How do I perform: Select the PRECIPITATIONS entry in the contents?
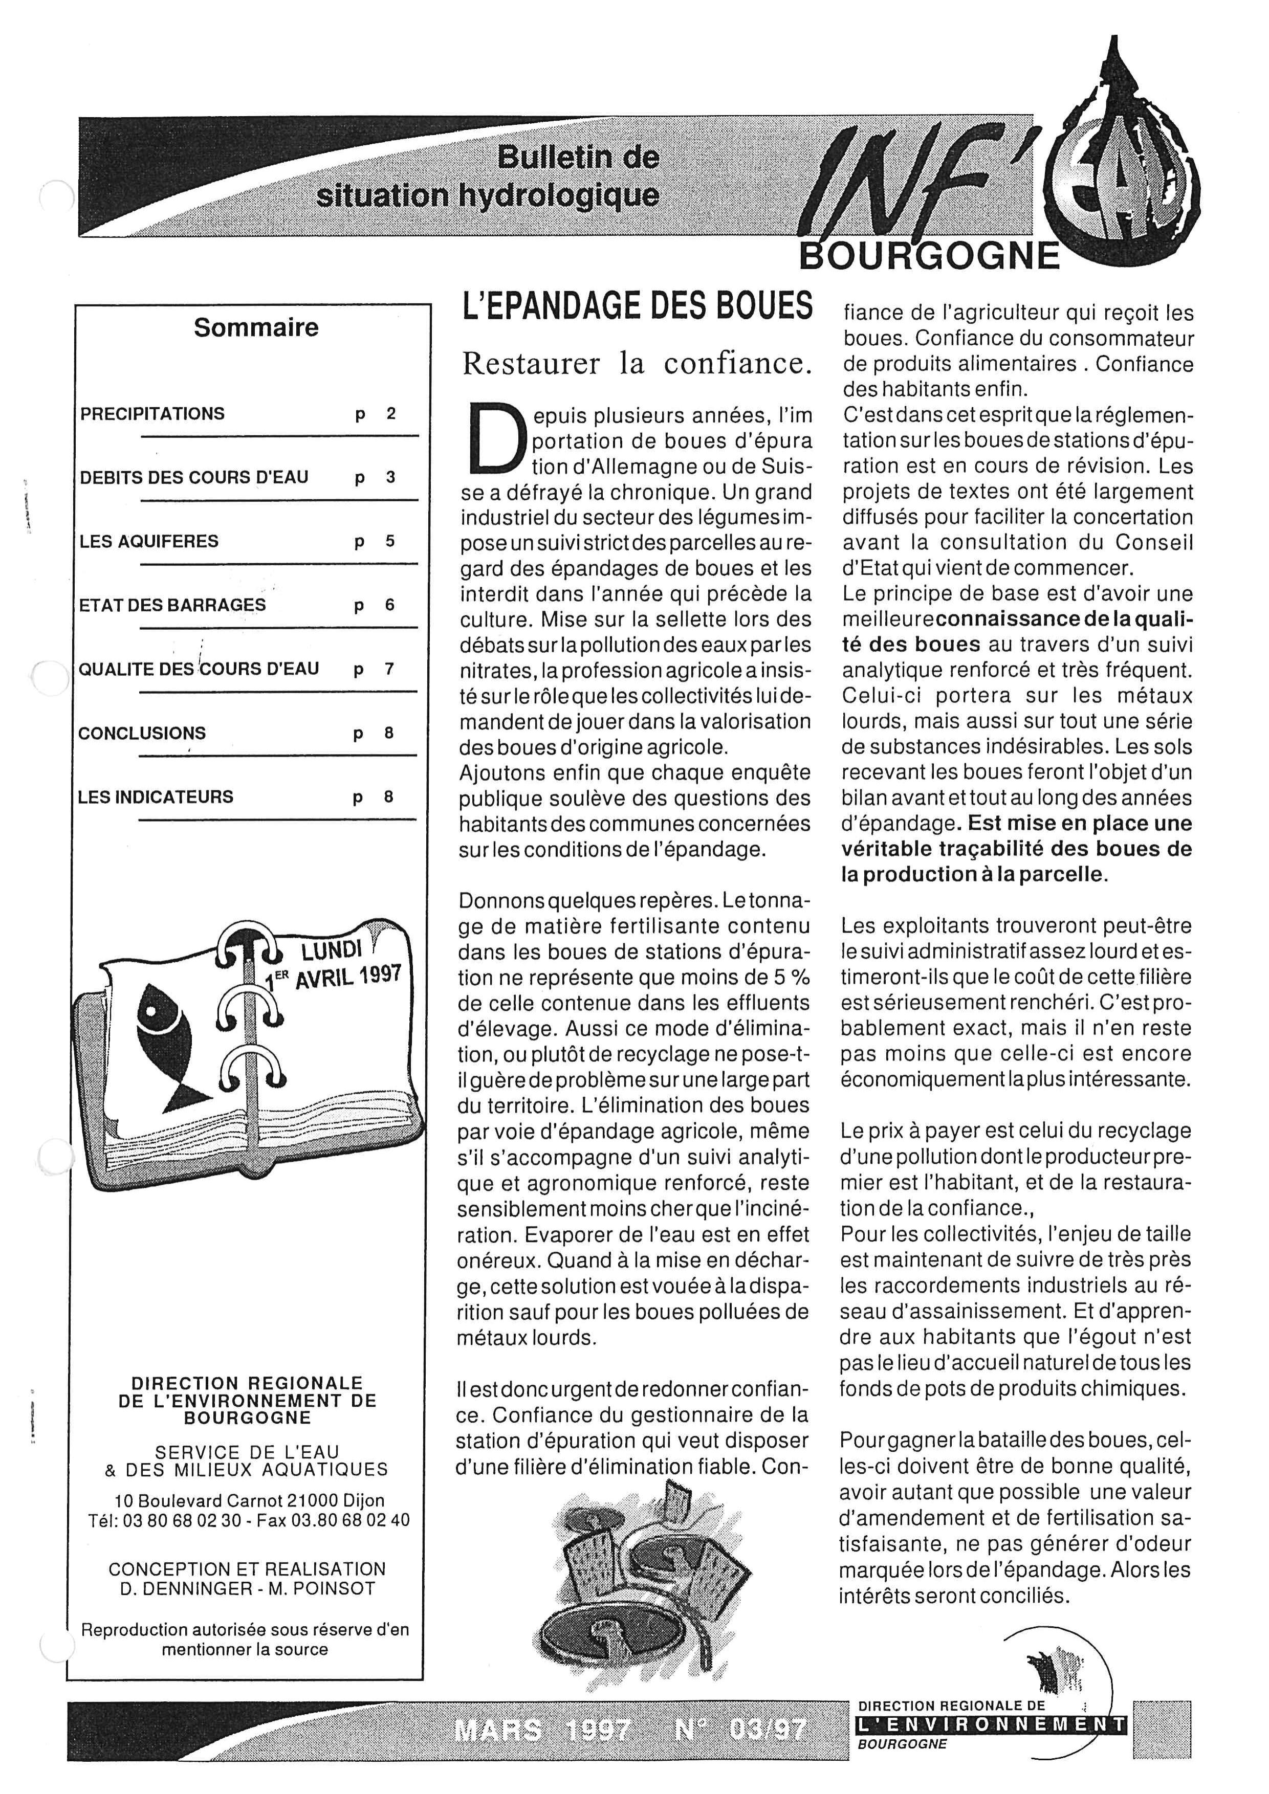[152, 414]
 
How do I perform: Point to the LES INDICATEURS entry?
[156, 797]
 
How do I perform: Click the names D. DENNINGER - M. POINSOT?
[248, 1588]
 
